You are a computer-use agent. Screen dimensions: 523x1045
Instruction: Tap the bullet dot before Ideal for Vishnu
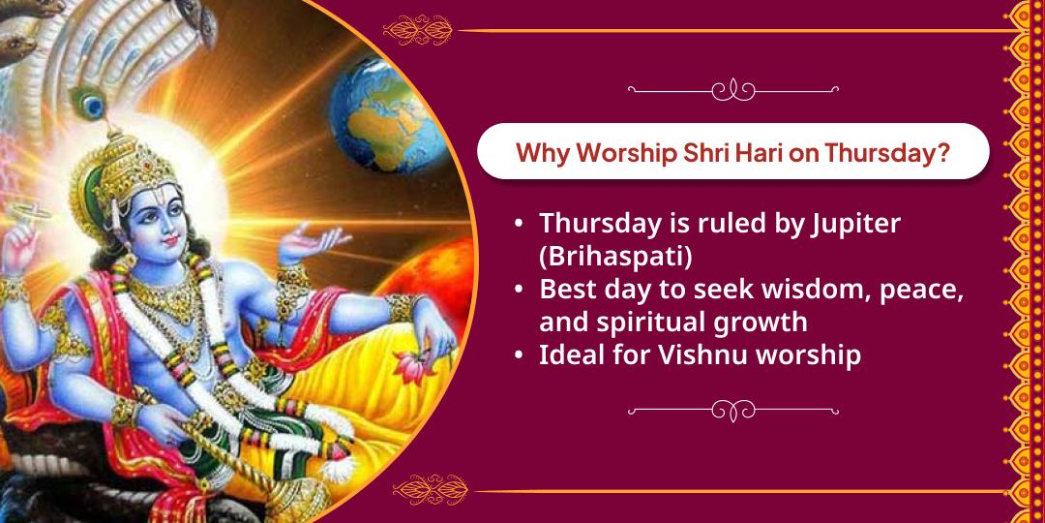tap(521, 355)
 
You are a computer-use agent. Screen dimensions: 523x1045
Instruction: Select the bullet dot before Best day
tap(521, 290)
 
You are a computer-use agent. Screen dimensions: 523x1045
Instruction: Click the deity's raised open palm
tap(318, 237)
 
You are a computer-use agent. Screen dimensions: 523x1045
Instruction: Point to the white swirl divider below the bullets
tap(732, 410)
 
